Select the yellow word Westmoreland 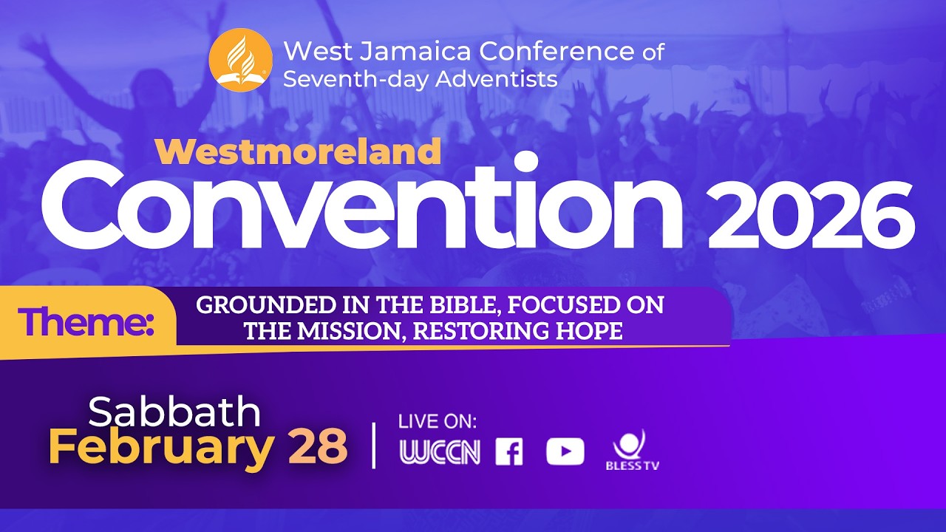click(x=298, y=151)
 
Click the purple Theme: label click(x=86, y=323)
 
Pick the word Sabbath click(x=174, y=412)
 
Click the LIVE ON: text click(x=438, y=422)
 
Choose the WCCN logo click(x=440, y=452)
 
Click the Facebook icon click(x=508, y=452)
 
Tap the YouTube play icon click(x=565, y=452)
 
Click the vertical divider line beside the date click(x=374, y=445)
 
